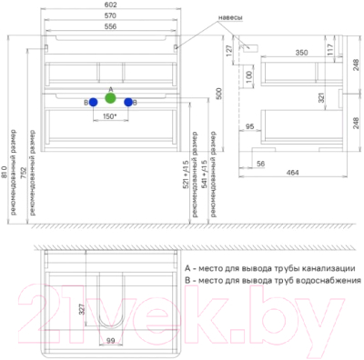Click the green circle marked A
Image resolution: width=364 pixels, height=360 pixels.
click(x=110, y=97)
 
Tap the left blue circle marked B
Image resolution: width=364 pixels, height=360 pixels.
click(x=93, y=103)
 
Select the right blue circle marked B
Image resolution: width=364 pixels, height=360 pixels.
click(x=128, y=103)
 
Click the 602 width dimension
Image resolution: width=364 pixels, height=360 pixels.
click(x=109, y=6)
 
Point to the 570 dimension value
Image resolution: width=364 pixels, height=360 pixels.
click(x=109, y=18)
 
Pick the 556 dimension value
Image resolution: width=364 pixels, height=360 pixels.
click(x=109, y=29)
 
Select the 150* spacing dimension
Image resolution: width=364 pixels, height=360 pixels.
click(x=110, y=116)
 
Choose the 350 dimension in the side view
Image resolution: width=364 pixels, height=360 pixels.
click(x=288, y=53)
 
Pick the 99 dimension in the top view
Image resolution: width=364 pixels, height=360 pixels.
click(x=110, y=342)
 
